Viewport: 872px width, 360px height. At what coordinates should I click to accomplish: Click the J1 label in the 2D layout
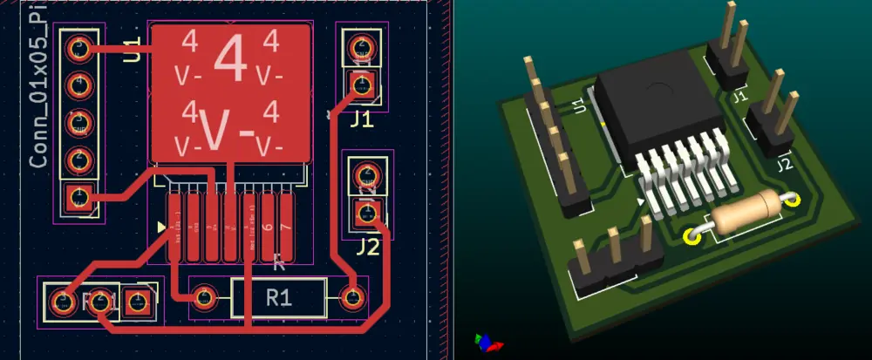(362, 119)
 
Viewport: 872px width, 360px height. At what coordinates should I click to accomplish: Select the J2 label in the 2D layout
(368, 247)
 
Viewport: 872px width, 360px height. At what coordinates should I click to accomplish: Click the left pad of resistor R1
(203, 298)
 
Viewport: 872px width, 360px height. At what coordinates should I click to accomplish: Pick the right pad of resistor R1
(353, 298)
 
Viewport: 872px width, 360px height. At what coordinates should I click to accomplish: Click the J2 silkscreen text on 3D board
(783, 163)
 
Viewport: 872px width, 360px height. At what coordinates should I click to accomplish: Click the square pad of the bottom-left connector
(138, 302)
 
